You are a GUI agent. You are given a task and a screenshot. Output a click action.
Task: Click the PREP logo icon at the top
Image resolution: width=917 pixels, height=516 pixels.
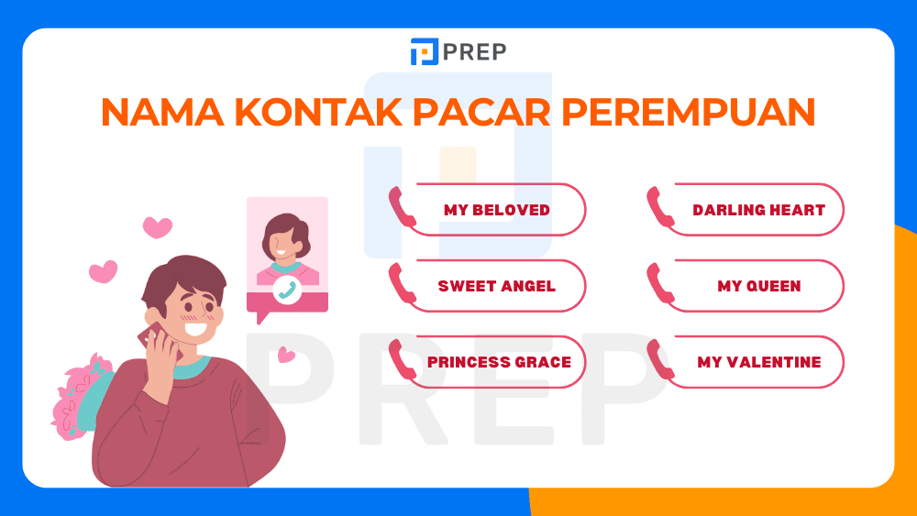click(424, 51)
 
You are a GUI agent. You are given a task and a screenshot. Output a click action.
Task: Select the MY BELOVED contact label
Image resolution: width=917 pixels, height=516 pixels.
click(497, 210)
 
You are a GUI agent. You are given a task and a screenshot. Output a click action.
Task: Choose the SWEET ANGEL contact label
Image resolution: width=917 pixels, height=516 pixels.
click(497, 286)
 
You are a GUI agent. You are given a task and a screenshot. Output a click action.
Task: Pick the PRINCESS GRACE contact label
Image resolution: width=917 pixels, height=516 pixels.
click(499, 362)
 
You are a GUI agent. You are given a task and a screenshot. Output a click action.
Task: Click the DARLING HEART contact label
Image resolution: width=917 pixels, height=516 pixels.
click(758, 210)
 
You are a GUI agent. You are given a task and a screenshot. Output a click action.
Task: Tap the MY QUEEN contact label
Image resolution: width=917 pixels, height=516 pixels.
click(758, 286)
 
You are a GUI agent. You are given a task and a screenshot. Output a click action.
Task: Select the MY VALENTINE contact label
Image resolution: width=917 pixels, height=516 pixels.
click(758, 362)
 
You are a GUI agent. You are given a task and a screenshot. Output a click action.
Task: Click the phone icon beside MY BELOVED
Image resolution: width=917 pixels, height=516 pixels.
click(402, 207)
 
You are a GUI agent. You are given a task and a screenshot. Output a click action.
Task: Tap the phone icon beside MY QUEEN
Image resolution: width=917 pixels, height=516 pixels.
click(660, 283)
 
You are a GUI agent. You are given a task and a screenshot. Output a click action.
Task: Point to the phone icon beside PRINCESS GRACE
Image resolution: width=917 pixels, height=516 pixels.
click(402, 359)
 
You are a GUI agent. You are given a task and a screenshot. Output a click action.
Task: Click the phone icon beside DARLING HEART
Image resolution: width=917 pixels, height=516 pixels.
click(660, 207)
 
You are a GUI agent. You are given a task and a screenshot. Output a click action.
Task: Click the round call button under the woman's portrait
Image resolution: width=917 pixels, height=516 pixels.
click(287, 290)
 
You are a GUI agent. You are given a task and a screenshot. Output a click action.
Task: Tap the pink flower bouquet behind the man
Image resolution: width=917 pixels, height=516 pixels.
click(78, 394)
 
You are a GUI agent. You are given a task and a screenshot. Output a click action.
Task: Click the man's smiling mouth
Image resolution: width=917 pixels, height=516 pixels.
click(195, 324)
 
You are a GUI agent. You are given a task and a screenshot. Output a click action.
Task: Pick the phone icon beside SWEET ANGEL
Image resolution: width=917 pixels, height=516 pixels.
click(402, 283)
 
